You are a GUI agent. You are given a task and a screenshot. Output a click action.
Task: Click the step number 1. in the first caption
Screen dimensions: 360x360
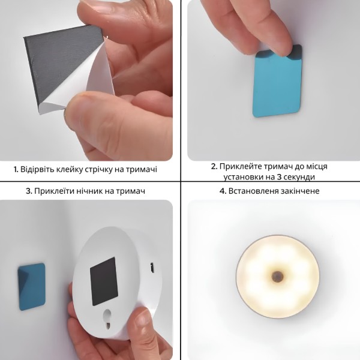click(16, 170)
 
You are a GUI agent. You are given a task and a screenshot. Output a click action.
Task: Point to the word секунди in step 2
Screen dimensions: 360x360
click(301, 177)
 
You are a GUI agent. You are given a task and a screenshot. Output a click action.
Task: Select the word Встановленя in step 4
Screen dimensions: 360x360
click(253, 191)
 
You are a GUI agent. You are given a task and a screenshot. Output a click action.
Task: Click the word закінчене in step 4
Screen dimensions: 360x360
click(299, 191)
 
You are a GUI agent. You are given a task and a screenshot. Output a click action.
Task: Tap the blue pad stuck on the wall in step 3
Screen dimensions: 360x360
click(31, 287)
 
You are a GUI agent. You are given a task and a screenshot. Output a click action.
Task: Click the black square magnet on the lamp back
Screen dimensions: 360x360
click(104, 281)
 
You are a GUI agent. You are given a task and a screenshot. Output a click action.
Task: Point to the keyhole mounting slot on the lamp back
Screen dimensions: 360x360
click(107, 318)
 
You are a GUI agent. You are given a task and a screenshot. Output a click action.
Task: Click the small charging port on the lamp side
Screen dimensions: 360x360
click(152, 268)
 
